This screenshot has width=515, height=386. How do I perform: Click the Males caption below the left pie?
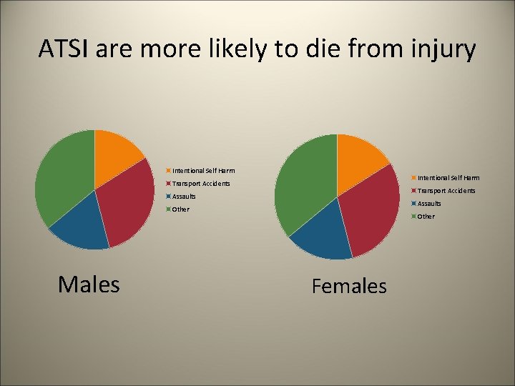(89, 284)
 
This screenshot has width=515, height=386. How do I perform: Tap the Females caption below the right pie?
(349, 287)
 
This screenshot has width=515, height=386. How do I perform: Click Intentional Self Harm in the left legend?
(203, 171)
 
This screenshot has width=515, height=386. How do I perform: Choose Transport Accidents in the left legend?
(201, 184)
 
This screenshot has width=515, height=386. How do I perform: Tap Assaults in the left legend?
(184, 197)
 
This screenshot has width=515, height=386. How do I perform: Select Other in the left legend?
(180, 209)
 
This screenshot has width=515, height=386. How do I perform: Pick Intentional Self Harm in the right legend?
(448, 178)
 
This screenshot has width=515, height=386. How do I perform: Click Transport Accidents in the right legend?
(446, 191)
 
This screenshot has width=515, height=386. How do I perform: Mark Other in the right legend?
(426, 217)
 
